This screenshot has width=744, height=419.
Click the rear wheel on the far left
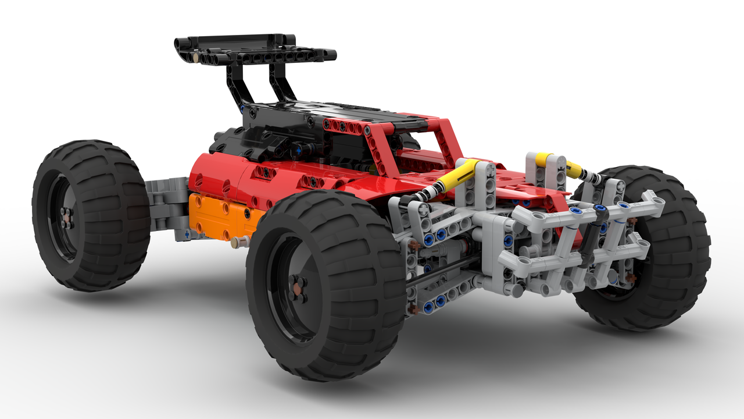click(90, 215)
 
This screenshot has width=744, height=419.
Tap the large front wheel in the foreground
click(325, 285)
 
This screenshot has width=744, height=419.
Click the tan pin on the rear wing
click(196, 58)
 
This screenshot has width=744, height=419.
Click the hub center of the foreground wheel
click(298, 289)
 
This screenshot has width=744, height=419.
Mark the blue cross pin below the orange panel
click(187, 233)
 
